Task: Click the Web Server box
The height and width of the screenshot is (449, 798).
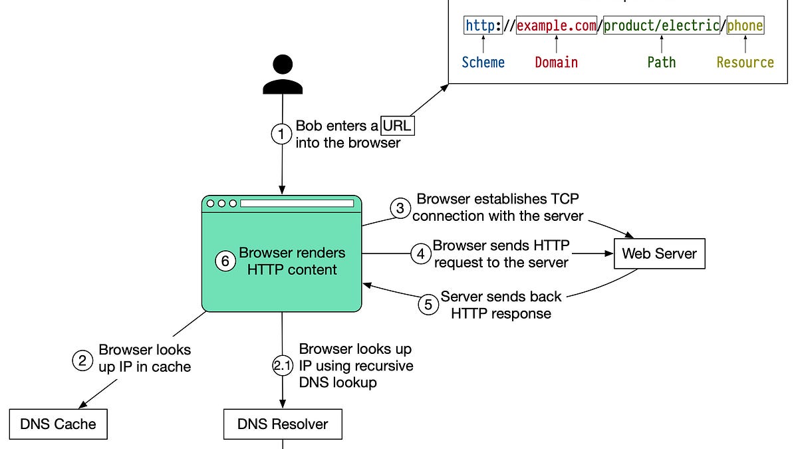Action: point(659,253)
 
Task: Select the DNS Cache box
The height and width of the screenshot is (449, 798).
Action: point(58,424)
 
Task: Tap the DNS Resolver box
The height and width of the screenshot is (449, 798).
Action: point(283,424)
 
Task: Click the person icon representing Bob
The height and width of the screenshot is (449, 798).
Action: point(283,74)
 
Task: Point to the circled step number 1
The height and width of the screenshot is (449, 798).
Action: point(281,134)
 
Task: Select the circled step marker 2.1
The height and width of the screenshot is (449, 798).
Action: point(283,366)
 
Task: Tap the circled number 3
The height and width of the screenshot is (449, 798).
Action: point(400,208)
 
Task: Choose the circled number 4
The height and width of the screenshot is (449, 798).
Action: point(420,254)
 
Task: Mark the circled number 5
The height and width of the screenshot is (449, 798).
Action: point(428,305)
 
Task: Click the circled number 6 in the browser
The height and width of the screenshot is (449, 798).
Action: point(225,261)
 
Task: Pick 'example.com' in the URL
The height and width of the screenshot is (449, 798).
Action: point(556,26)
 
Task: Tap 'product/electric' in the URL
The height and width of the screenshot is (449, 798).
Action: point(661,26)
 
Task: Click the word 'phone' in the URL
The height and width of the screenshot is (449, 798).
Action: point(745,26)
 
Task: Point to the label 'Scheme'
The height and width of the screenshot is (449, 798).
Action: point(483,63)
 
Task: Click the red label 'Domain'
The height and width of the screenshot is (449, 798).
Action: point(556,63)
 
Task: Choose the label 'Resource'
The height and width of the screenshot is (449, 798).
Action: point(745,63)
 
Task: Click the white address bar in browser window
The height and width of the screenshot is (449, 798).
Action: point(297,204)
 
